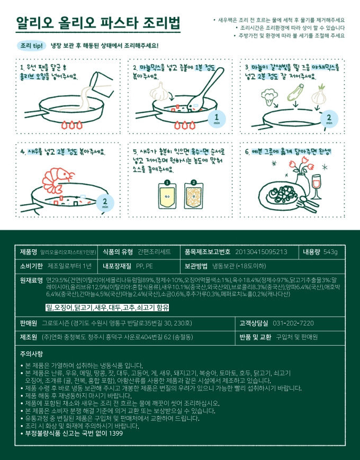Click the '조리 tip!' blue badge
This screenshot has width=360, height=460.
tap(32, 46)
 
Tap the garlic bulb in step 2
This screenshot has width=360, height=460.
tap(159, 91)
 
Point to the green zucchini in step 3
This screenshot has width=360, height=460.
tap(295, 93)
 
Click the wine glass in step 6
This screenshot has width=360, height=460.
tap(317, 186)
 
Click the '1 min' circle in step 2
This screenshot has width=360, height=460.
tap(217, 119)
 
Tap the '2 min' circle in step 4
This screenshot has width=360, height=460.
tap(105, 203)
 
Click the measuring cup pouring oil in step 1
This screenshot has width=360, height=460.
tap(101, 85)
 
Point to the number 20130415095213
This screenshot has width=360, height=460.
tap(261, 252)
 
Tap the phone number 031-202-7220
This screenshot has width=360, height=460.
tap(293, 323)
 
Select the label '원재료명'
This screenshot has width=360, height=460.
tap(31, 280)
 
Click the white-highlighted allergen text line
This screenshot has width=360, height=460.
tap(107, 308)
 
